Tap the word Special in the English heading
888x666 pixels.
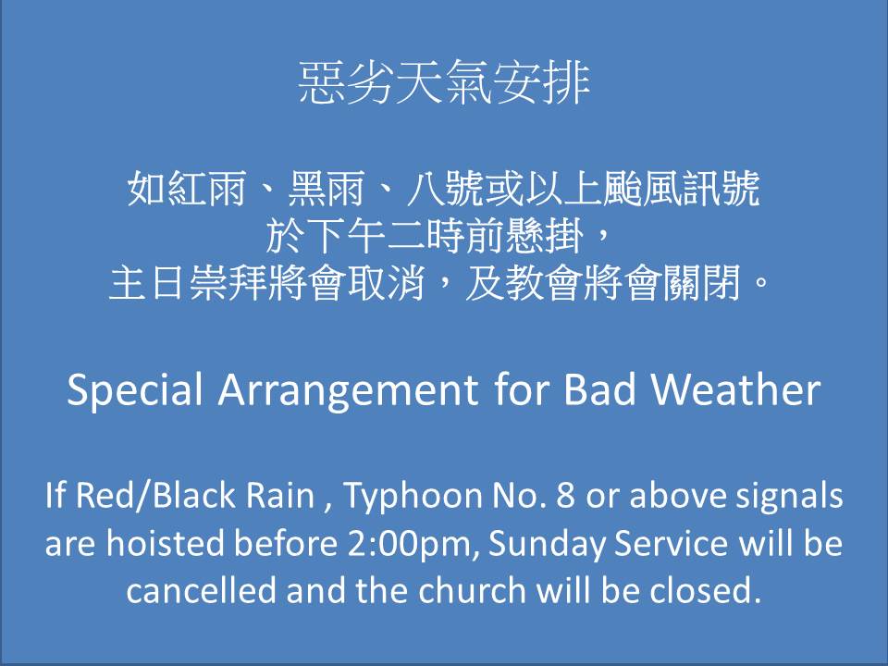pyautogui.click(x=135, y=390)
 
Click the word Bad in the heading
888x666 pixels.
pyautogui.click(x=599, y=389)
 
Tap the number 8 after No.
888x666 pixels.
pyautogui.click(x=565, y=495)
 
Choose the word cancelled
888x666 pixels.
pyautogui.click(x=201, y=590)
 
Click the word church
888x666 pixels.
pyautogui.click(x=473, y=590)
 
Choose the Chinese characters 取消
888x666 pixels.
pyautogui.click(x=387, y=283)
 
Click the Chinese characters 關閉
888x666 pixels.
pyautogui.click(x=702, y=283)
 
